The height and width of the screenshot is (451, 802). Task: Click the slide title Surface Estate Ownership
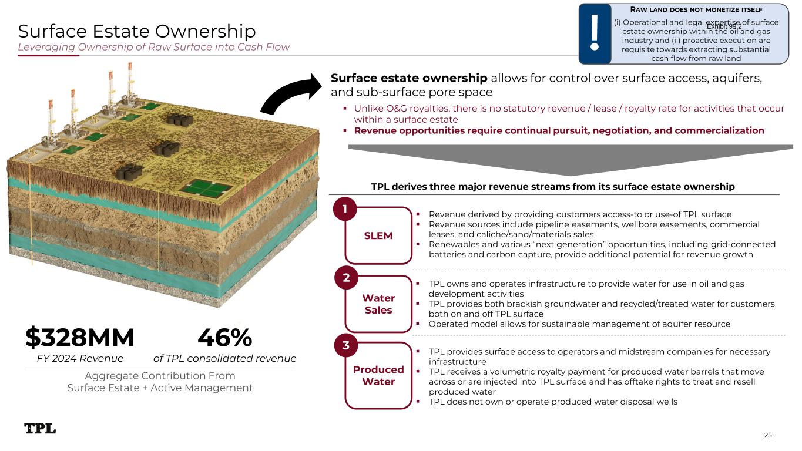pyautogui.click(x=137, y=31)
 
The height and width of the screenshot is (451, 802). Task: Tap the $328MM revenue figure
pyautogui.click(x=79, y=337)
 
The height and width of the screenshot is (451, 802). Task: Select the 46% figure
pyautogui.click(x=225, y=337)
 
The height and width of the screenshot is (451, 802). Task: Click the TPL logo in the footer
pyautogui.click(x=40, y=428)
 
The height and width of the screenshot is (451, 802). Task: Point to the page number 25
pyautogui.click(x=767, y=435)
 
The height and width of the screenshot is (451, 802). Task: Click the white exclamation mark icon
pyautogui.click(x=595, y=32)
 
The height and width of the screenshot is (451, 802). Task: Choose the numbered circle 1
pyautogui.click(x=345, y=208)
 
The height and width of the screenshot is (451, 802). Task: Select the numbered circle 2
pyautogui.click(x=346, y=277)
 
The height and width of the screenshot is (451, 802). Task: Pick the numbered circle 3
pyautogui.click(x=346, y=345)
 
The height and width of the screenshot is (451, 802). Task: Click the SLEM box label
pyautogui.click(x=378, y=235)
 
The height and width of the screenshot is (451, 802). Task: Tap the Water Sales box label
pyautogui.click(x=378, y=304)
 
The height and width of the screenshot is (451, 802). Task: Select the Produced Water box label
pyautogui.click(x=378, y=375)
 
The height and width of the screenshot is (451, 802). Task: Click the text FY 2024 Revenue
pyautogui.click(x=80, y=358)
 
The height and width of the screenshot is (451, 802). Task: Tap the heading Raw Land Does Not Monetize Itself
pyautogui.click(x=696, y=9)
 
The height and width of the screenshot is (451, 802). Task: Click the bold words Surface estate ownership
pyautogui.click(x=409, y=78)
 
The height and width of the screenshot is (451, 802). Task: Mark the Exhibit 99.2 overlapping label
pyautogui.click(x=724, y=26)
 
